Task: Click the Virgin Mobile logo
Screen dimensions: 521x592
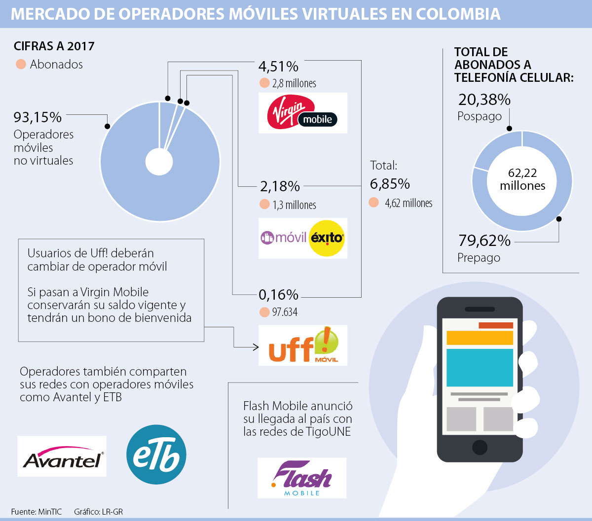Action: (302, 113)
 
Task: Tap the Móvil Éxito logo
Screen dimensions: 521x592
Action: (302, 238)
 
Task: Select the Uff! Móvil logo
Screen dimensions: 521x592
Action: (302, 346)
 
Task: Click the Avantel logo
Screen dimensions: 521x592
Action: (62, 456)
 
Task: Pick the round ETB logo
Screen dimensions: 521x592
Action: (156, 454)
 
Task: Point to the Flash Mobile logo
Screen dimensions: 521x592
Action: (302, 478)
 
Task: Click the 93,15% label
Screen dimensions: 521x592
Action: (38, 117)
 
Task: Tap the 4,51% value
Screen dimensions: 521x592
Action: (278, 66)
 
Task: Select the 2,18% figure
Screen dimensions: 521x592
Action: (280, 186)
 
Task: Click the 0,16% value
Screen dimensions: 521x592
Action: (278, 295)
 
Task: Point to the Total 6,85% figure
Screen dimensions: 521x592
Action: (390, 184)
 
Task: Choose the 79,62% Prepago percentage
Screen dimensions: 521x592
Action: (484, 241)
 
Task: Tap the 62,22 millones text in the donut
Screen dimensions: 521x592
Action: (522, 179)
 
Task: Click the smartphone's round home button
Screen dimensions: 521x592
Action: (480, 447)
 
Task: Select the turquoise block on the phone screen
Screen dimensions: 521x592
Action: (480, 367)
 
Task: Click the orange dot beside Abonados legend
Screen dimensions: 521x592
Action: (21, 64)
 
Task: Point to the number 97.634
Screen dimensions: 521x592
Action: (285, 312)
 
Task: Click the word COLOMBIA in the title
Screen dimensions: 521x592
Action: (458, 14)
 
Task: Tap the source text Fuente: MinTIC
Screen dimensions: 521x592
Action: (37, 512)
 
